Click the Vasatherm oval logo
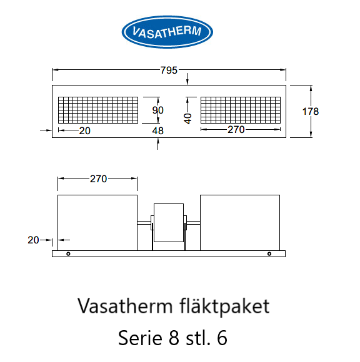pos(167,32)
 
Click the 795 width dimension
pos(169,70)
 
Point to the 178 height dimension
pos(311,112)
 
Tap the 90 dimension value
pos(158,110)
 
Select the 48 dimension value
pos(158,131)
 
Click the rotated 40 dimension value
pos(188,119)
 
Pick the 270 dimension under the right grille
pos(236,130)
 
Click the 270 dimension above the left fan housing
pos(99,179)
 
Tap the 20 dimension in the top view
pos(84,131)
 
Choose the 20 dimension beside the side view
pos(33,240)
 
